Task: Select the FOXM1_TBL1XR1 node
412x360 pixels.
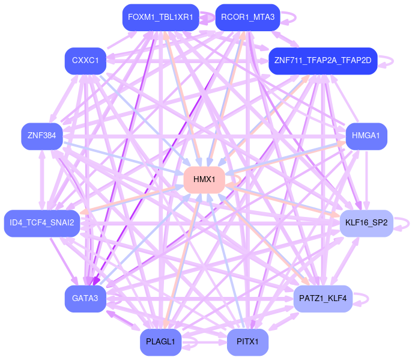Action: coord(160,17)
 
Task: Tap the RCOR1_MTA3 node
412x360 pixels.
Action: coord(247,17)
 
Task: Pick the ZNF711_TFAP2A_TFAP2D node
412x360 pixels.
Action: coord(323,61)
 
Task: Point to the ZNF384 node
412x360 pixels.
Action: coord(41,136)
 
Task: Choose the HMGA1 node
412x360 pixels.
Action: coord(366,136)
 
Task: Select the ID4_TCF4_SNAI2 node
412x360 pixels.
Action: coord(41,223)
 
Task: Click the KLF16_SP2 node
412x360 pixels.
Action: coord(366,223)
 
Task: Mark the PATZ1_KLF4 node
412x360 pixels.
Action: coord(323,299)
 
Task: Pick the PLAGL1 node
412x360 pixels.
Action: coord(160,342)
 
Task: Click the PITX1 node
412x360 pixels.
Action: coord(247,342)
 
